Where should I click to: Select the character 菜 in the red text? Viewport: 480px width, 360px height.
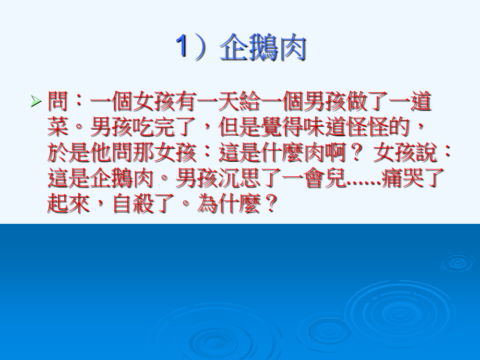click(x=57, y=127)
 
